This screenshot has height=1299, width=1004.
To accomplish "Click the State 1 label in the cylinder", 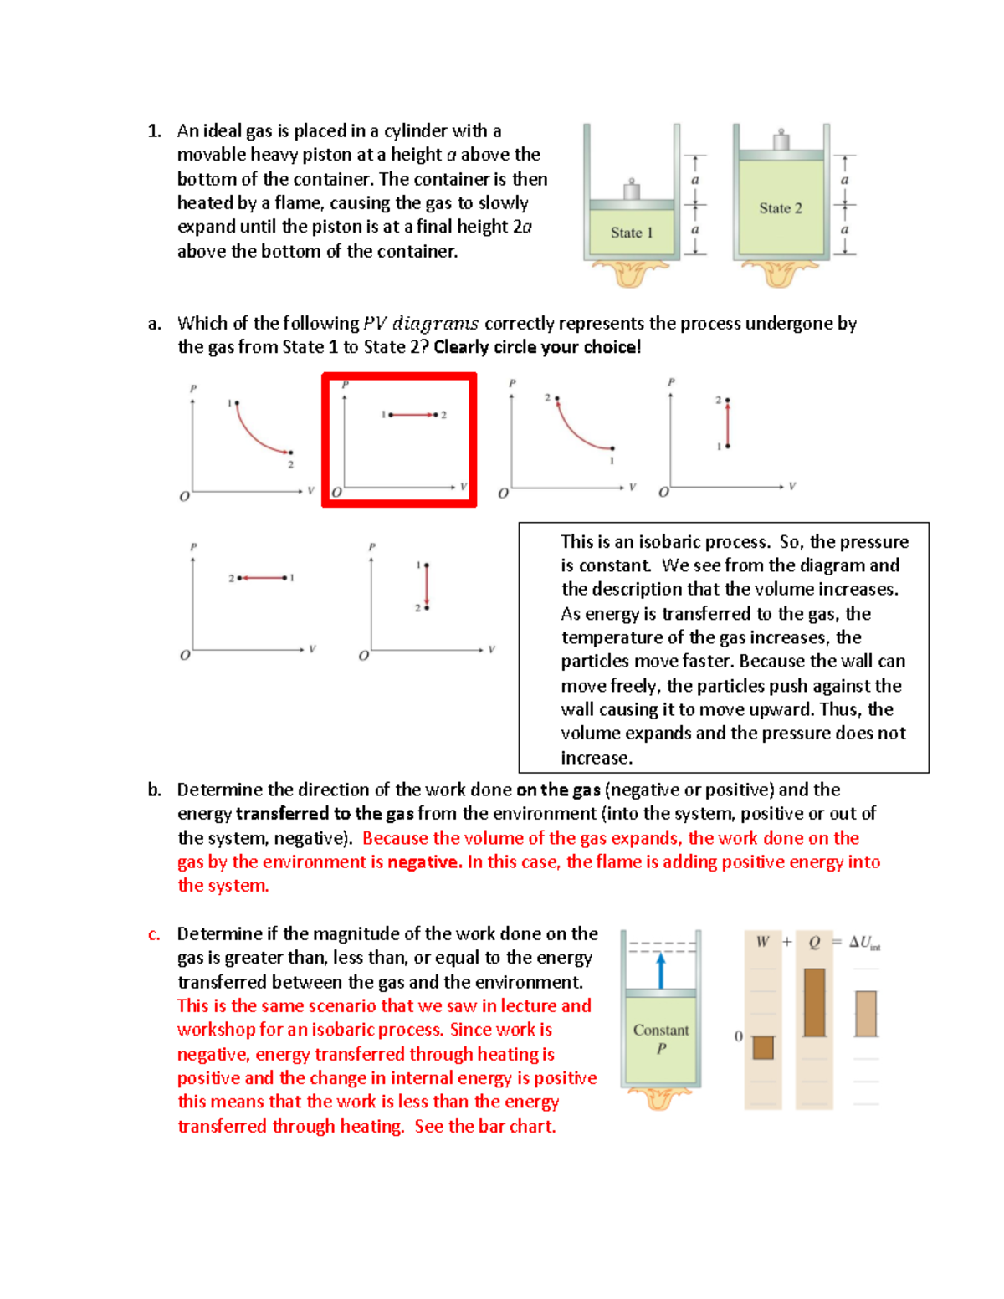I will (x=631, y=233).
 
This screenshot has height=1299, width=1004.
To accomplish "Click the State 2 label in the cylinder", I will (x=780, y=208).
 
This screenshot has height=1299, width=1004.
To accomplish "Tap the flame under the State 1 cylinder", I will (x=630, y=273).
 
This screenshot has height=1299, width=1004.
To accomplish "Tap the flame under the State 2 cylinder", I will (x=779, y=273).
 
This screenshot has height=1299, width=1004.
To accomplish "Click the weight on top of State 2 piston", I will (x=781, y=141).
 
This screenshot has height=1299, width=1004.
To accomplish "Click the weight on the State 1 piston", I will (x=632, y=190).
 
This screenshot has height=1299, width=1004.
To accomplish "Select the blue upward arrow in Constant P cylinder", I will (x=661, y=971).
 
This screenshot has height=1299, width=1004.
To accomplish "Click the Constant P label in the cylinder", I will (x=661, y=1039).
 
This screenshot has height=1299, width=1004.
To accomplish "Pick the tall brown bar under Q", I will (x=814, y=1002).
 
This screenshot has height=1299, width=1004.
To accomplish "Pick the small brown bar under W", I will (x=763, y=1047).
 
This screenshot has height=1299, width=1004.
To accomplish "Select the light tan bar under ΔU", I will (x=866, y=1014).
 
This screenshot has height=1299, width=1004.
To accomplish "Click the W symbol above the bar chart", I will (x=762, y=942).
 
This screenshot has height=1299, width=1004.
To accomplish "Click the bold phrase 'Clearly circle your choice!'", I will (x=537, y=347).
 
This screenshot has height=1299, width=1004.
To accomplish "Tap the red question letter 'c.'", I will (x=154, y=934).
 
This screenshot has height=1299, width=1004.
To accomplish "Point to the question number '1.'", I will (x=154, y=131).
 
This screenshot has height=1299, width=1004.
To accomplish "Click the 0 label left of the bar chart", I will (x=738, y=1036).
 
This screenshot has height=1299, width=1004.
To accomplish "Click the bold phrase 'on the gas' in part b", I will (x=558, y=790).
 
